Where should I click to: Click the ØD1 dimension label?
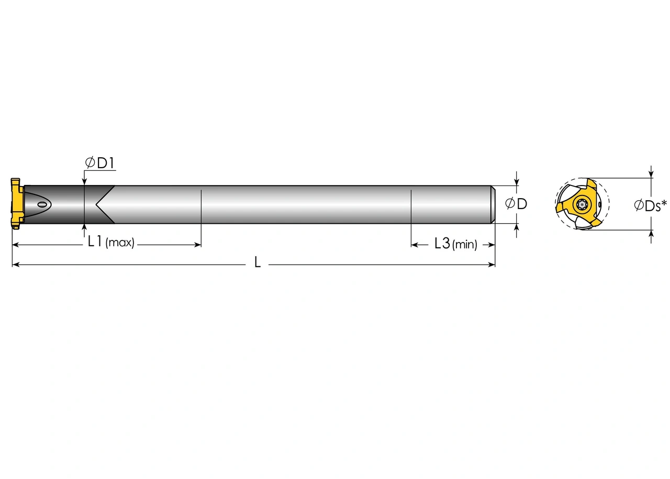tap(100, 163)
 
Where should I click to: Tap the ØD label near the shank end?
tap(516, 204)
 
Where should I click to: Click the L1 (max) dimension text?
tap(111, 242)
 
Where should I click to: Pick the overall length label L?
tap(258, 263)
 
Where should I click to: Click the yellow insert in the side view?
tap(16, 203)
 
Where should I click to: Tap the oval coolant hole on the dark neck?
tap(43, 204)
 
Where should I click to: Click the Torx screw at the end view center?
tap(581, 204)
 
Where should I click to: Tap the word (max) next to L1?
tap(120, 243)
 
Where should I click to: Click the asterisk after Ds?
tap(664, 202)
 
